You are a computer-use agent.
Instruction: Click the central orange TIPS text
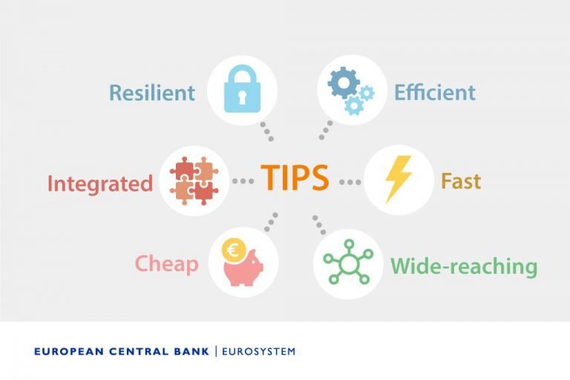(x=295, y=179)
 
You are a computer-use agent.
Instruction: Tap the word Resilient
(x=152, y=93)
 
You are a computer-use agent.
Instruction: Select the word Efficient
(x=435, y=93)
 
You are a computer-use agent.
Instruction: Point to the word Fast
(x=461, y=181)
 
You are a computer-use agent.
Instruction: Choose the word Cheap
(x=166, y=264)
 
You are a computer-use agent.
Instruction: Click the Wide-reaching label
(x=464, y=266)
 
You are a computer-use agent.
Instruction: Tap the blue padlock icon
(x=243, y=90)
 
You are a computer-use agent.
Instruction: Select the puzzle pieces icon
(x=194, y=181)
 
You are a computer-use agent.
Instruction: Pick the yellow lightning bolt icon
(x=398, y=180)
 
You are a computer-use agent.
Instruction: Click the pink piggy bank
(x=246, y=268)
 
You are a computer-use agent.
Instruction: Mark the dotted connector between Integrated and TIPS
(x=243, y=181)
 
